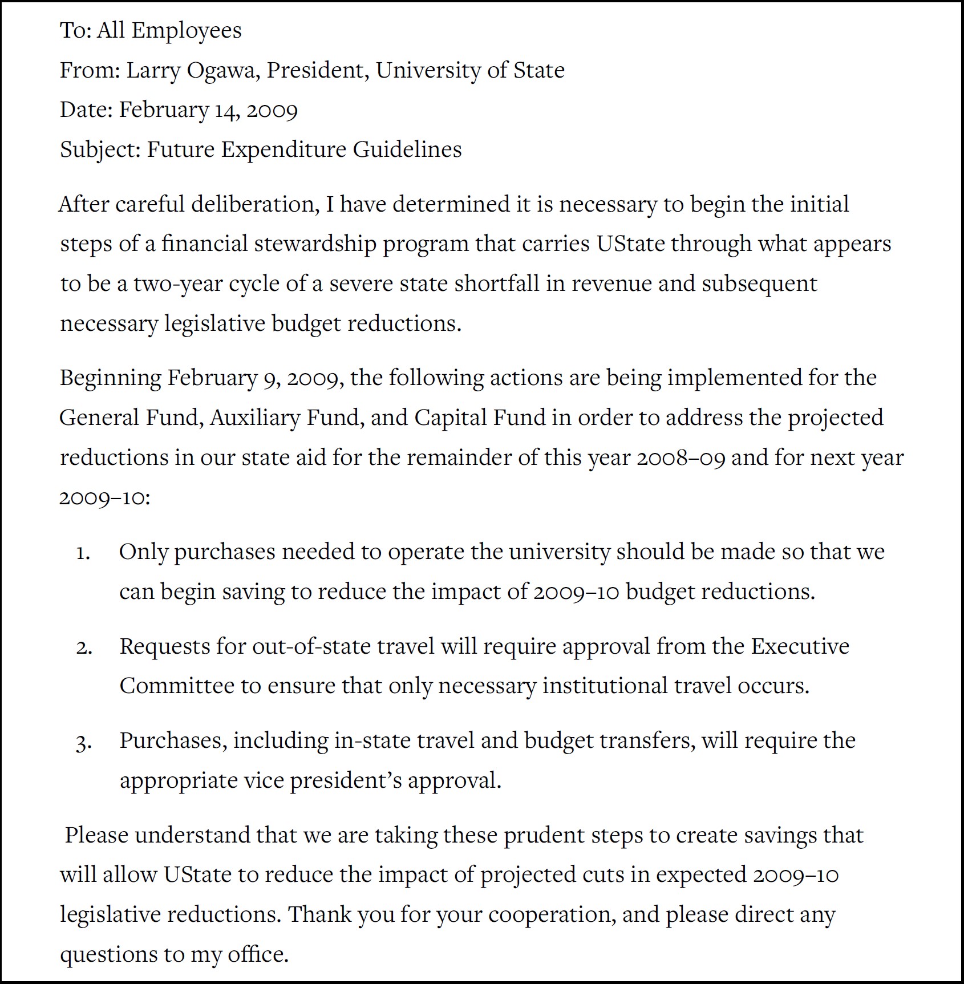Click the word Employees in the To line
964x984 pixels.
(187, 30)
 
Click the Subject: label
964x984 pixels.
(100, 149)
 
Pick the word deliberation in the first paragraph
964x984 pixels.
(255, 204)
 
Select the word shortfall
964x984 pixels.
(496, 284)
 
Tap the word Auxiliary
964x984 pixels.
(255, 418)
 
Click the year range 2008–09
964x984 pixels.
(681, 458)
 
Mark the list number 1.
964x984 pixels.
(83, 553)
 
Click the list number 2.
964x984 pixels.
(84, 647)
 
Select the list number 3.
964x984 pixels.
(83, 742)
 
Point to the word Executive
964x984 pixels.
(800, 646)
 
